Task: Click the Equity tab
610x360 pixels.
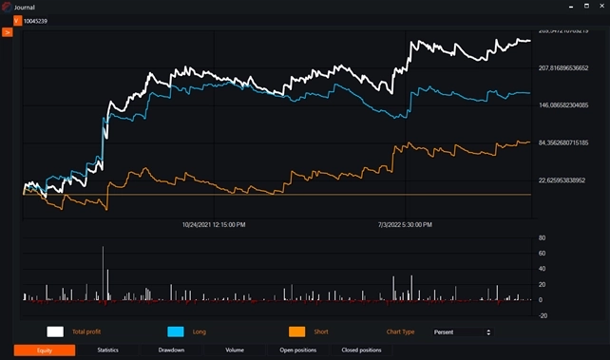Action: [x=45, y=351]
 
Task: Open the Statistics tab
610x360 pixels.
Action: [x=107, y=351]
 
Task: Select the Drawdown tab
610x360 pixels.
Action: [x=171, y=351]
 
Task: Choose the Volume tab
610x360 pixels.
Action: [x=234, y=351]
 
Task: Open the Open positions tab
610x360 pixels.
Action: [x=297, y=351]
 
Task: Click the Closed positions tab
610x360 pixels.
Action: [x=361, y=351]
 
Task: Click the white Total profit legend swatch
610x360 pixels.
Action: [x=55, y=332]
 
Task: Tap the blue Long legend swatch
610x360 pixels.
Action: [x=176, y=332]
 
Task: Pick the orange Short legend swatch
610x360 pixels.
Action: [x=297, y=332]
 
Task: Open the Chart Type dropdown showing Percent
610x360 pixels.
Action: [x=461, y=332]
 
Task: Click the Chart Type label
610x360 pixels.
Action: [x=401, y=332]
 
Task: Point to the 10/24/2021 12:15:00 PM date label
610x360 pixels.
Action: [x=214, y=225]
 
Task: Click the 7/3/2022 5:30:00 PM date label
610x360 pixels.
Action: [x=405, y=225]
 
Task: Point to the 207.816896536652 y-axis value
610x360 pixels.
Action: [x=564, y=68]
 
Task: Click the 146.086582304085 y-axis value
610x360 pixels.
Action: [x=564, y=105]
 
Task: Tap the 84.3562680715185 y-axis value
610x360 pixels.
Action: [x=564, y=142]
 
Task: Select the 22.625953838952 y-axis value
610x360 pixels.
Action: [x=564, y=180]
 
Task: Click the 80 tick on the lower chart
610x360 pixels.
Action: [x=541, y=238]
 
